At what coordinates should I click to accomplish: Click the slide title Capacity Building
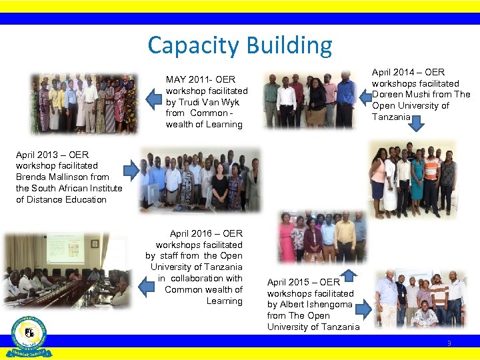coord(239,45)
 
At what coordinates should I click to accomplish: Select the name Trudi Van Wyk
coord(212,102)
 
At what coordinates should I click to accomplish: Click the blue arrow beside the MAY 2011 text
coord(154,100)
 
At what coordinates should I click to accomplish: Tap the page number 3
coord(449,343)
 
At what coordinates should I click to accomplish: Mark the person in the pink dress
coord(287,244)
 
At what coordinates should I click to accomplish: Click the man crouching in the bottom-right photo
coord(424,315)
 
